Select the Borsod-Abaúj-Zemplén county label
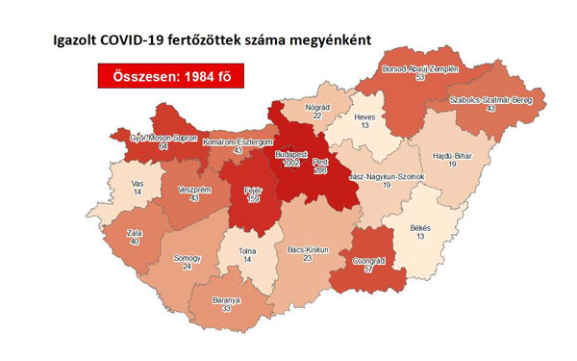coord(420,69)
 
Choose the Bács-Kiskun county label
coord(308,249)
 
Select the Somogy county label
coord(187,258)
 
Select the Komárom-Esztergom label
coord(238,142)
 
